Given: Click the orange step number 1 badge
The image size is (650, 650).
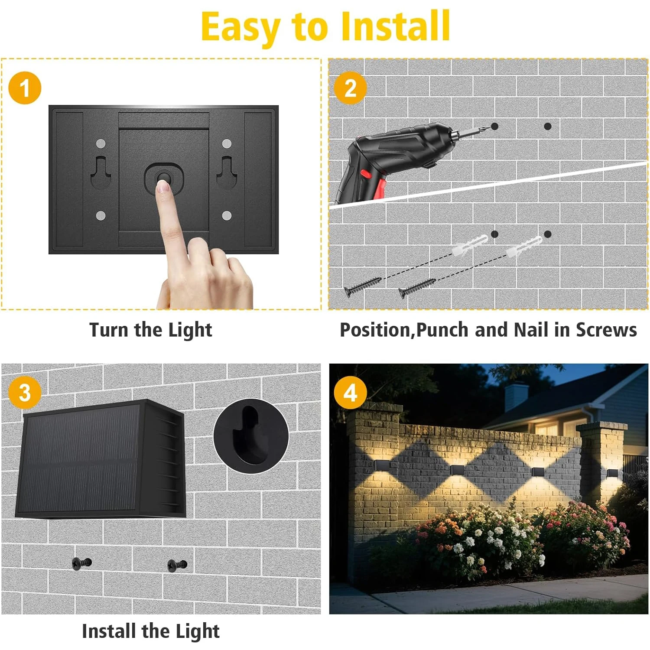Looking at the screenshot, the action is pyautogui.click(x=25, y=88).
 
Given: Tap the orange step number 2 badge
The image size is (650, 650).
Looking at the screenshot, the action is pyautogui.click(x=350, y=88).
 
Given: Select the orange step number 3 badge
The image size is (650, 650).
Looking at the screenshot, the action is pyautogui.click(x=25, y=393).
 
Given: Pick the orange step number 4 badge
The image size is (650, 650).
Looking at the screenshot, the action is pyautogui.click(x=350, y=393).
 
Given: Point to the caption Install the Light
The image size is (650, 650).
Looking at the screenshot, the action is pyautogui.click(x=151, y=631).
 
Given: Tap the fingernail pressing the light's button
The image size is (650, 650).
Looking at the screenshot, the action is pyautogui.click(x=163, y=187).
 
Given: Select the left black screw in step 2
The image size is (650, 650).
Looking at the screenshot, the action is pyautogui.click(x=362, y=286).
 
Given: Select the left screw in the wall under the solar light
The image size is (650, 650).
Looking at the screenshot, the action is pyautogui.click(x=81, y=563).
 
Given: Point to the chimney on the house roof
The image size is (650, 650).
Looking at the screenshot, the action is pyautogui.click(x=516, y=396).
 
